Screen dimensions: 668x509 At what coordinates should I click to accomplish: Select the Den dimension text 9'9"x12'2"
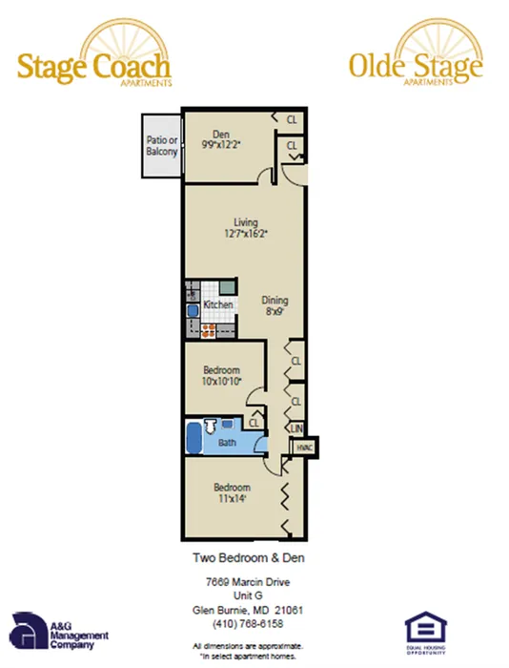(x=221, y=145)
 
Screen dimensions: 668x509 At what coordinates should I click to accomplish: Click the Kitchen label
(x=218, y=304)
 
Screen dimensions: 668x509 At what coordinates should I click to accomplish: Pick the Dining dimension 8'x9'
(x=275, y=311)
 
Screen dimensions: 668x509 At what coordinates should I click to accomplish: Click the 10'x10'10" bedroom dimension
(x=221, y=382)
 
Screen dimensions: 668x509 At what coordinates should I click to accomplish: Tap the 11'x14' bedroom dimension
(x=232, y=498)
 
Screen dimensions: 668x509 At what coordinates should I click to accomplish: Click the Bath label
(x=227, y=443)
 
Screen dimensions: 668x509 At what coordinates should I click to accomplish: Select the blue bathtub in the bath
(x=193, y=438)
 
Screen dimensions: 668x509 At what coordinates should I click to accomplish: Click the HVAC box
(x=304, y=447)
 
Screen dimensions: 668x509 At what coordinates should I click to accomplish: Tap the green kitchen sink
(x=226, y=286)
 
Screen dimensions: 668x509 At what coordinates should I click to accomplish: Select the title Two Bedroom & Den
(x=247, y=557)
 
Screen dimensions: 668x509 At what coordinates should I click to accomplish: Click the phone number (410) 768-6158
(x=247, y=622)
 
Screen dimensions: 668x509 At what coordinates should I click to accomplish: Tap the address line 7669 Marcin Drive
(x=247, y=582)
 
